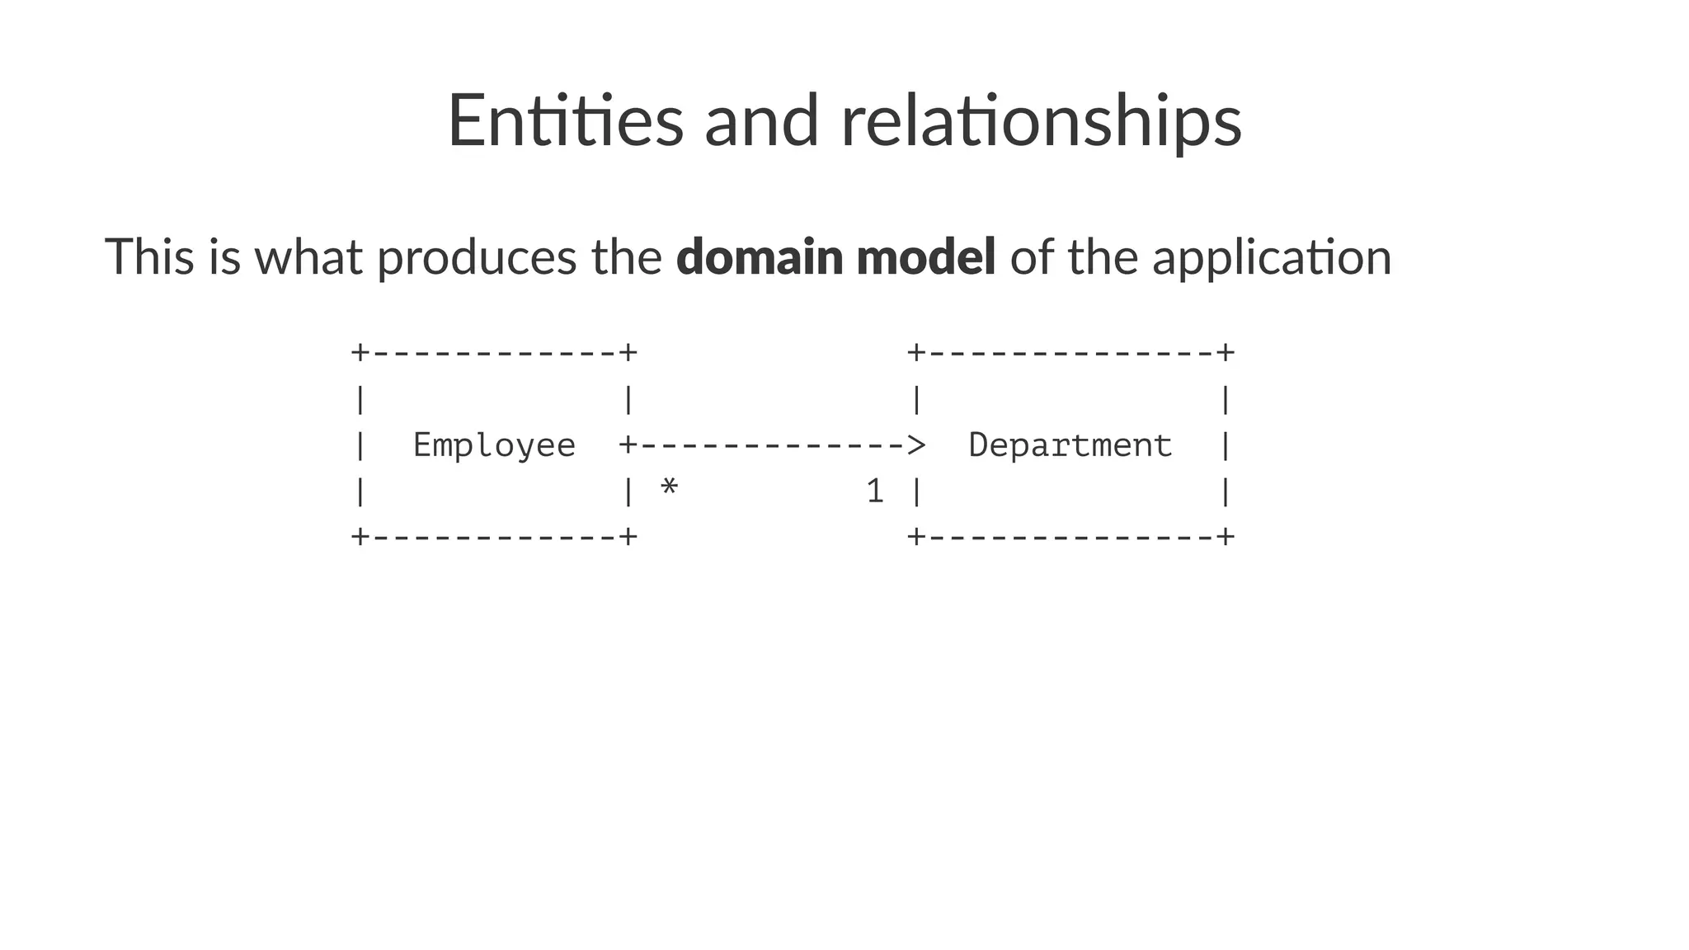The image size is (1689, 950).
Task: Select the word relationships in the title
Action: click(x=1041, y=121)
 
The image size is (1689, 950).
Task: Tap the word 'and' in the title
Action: click(x=761, y=121)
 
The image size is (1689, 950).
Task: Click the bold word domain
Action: click(x=759, y=256)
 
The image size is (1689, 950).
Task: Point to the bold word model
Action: click(x=925, y=256)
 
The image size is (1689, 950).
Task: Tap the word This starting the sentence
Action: click(x=149, y=256)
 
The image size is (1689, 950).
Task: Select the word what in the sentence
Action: click(x=308, y=256)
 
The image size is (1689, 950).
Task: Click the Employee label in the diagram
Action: click(x=494, y=446)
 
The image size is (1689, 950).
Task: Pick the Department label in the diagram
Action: click(x=1070, y=446)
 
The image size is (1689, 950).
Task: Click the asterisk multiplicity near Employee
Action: click(x=669, y=489)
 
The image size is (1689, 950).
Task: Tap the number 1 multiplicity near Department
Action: click(x=875, y=491)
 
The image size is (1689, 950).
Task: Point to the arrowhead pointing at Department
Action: click(x=915, y=445)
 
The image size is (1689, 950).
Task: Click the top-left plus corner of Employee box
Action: click(x=360, y=353)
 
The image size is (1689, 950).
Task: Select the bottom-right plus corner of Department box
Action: click(x=1226, y=537)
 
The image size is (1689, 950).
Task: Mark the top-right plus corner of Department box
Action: click(x=1226, y=353)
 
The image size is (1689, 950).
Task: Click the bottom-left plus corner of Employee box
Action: click(x=360, y=537)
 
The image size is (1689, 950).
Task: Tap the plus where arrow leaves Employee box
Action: click(x=628, y=445)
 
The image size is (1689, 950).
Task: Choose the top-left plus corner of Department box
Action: click(x=915, y=353)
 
